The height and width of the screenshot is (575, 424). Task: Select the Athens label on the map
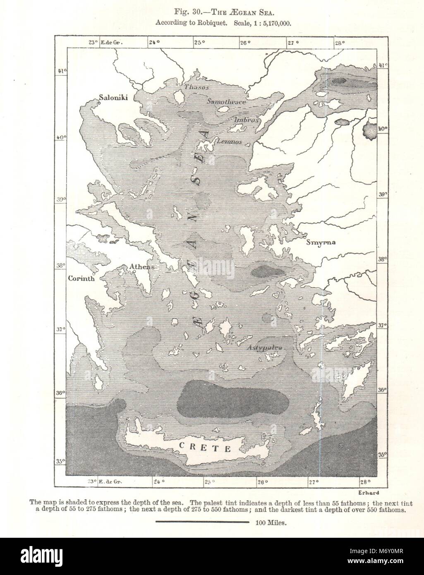click(x=141, y=267)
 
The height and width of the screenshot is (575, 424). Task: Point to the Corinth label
click(x=81, y=278)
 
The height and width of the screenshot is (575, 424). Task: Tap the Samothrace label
click(x=226, y=101)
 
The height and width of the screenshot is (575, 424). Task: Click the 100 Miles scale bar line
click(x=202, y=522)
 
